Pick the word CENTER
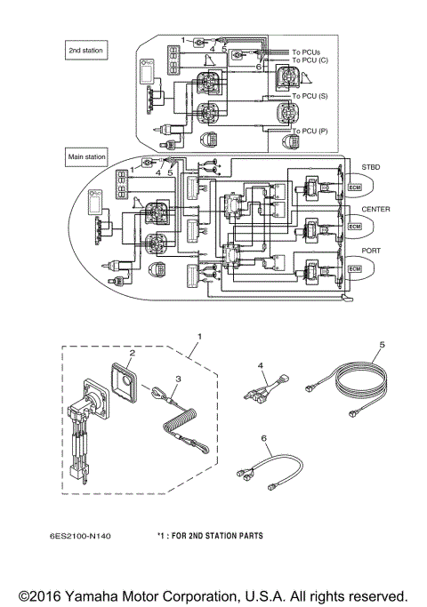[x=376, y=210]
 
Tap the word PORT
[x=372, y=251]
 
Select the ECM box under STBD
[x=356, y=188]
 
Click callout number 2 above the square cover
[x=132, y=353]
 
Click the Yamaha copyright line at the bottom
[x=213, y=594]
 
